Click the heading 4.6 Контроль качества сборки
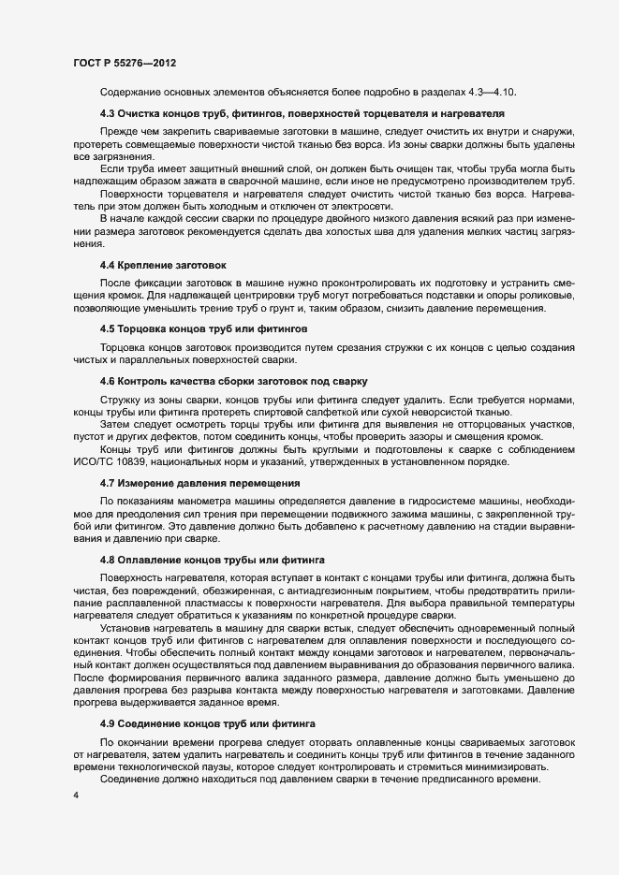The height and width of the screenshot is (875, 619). coord(234,382)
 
